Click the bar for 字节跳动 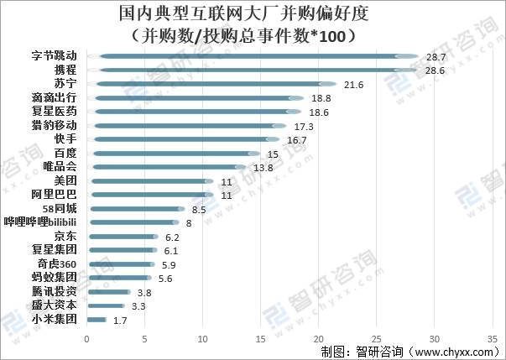coord(252,57)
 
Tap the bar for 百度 coord(173,154)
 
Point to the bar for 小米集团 coord(97,320)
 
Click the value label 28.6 coord(435,71)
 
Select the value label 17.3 coord(304,127)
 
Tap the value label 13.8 coord(263,168)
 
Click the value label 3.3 coord(140,306)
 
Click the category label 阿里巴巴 coord(54,195)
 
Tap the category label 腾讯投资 coord(54,291)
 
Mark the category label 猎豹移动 coord(54,126)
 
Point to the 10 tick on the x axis coord(202,339)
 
